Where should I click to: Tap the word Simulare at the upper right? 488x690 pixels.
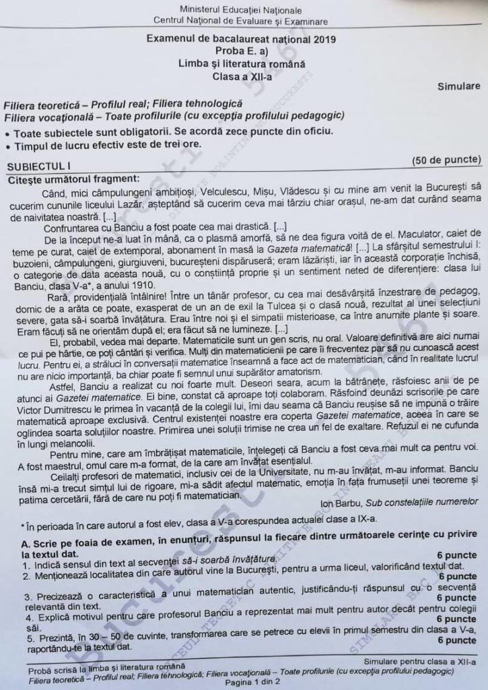tap(458, 87)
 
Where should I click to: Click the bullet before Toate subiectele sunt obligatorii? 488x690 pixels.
tap(7, 132)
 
